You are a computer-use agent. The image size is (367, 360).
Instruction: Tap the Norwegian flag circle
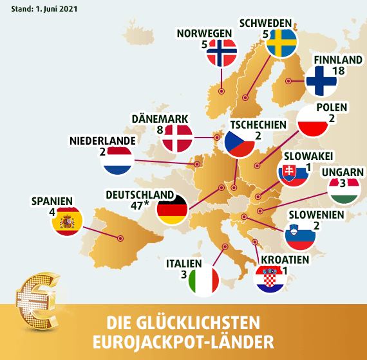[x=222, y=53]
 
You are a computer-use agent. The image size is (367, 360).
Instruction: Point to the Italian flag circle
[x=204, y=281]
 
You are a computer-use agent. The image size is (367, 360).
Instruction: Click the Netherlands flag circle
[x=117, y=161]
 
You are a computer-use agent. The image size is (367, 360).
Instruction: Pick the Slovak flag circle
[x=292, y=174]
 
